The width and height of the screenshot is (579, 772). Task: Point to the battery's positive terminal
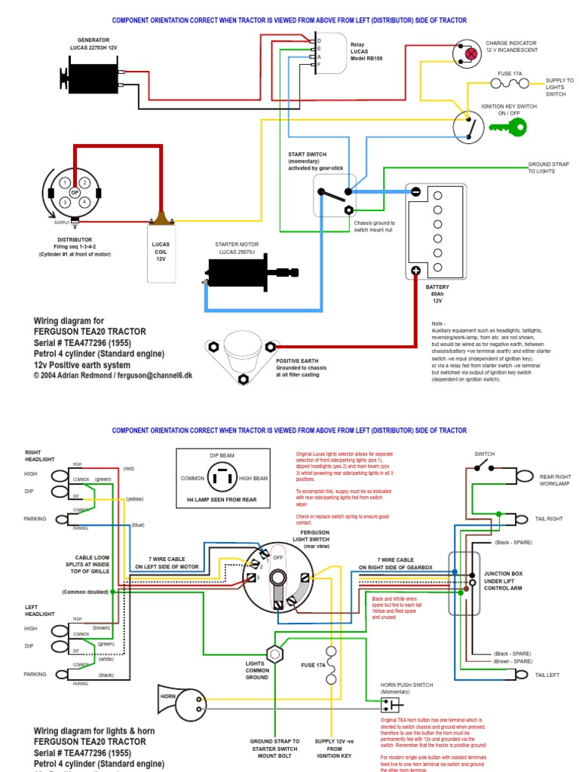pyautogui.click(x=415, y=270)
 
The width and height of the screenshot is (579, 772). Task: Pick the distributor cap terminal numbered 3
pyautogui.click(x=66, y=202)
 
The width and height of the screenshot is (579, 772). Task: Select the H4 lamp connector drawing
pyautogui.click(x=220, y=478)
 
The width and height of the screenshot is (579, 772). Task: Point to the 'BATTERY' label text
pyautogui.click(x=437, y=287)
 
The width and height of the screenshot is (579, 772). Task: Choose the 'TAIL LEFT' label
pyautogui.click(x=549, y=675)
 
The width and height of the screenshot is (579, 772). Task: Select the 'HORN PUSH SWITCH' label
pyautogui.click(x=407, y=686)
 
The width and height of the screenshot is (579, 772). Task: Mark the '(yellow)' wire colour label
pyautogui.click(x=135, y=499)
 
